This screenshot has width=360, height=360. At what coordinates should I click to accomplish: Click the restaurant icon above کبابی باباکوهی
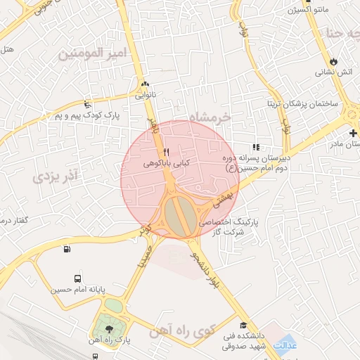[167, 152]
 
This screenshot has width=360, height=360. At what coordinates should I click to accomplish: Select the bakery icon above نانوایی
[146, 83]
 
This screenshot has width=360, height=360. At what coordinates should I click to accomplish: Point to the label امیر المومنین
[91, 52]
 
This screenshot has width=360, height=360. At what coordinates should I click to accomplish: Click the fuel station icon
[66, 248]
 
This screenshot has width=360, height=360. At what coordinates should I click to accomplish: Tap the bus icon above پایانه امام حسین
[77, 278]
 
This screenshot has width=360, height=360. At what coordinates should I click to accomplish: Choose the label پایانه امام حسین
[77, 289]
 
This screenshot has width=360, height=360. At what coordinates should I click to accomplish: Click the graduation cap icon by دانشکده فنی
[243, 326]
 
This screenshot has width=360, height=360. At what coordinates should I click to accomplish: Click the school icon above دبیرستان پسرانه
[256, 147]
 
